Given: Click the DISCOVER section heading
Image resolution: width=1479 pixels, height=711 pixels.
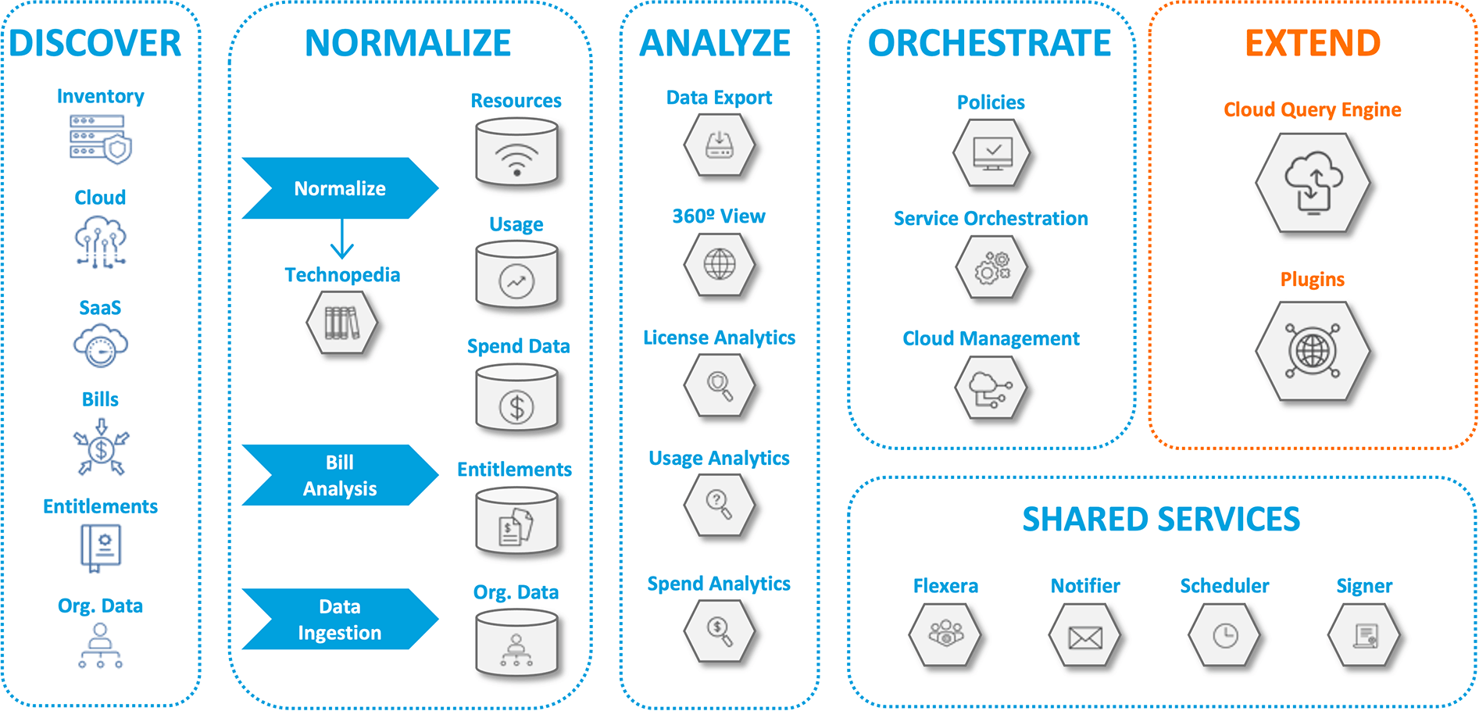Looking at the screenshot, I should tap(95, 44).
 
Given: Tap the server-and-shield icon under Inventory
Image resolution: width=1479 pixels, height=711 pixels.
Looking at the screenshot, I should tap(100, 139).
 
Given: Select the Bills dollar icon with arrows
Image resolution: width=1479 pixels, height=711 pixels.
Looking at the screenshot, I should tap(101, 448).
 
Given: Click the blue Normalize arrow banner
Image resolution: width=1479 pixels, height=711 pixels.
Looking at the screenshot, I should tap(339, 188).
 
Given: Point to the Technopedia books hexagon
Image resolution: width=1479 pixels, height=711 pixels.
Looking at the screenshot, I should tap(341, 323).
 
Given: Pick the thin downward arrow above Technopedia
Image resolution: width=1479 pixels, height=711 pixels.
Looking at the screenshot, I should tap(342, 238).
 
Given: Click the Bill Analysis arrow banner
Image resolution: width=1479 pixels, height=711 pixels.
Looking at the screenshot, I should tap(339, 475).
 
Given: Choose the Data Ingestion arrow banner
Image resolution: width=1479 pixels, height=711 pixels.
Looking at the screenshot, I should tap(339, 619).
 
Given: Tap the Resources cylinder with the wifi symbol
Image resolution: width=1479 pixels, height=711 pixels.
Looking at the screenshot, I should tap(516, 153).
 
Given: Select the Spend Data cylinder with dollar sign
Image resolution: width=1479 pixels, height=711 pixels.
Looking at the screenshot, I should tap(516, 399).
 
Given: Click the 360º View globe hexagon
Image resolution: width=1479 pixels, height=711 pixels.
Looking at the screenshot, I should tap(719, 264).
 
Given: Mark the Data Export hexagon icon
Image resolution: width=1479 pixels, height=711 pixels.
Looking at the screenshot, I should tap(719, 145).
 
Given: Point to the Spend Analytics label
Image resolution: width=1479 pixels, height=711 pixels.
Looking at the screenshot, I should tap(719, 584).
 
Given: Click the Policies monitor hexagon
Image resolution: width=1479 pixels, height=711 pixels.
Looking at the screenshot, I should tap(991, 152).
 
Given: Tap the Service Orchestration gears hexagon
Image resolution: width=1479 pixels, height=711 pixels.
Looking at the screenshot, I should tap(991, 268).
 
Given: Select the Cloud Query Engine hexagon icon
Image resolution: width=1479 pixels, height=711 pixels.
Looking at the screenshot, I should tap(1313, 183).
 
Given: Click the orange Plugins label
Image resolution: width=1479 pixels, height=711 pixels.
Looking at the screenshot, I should tap(1313, 280).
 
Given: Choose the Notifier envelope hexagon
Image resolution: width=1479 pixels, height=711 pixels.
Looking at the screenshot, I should tap(1084, 636).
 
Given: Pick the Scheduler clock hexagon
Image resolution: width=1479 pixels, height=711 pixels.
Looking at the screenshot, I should tap(1224, 636).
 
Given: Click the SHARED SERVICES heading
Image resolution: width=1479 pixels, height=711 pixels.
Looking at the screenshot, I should tap(1161, 520).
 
